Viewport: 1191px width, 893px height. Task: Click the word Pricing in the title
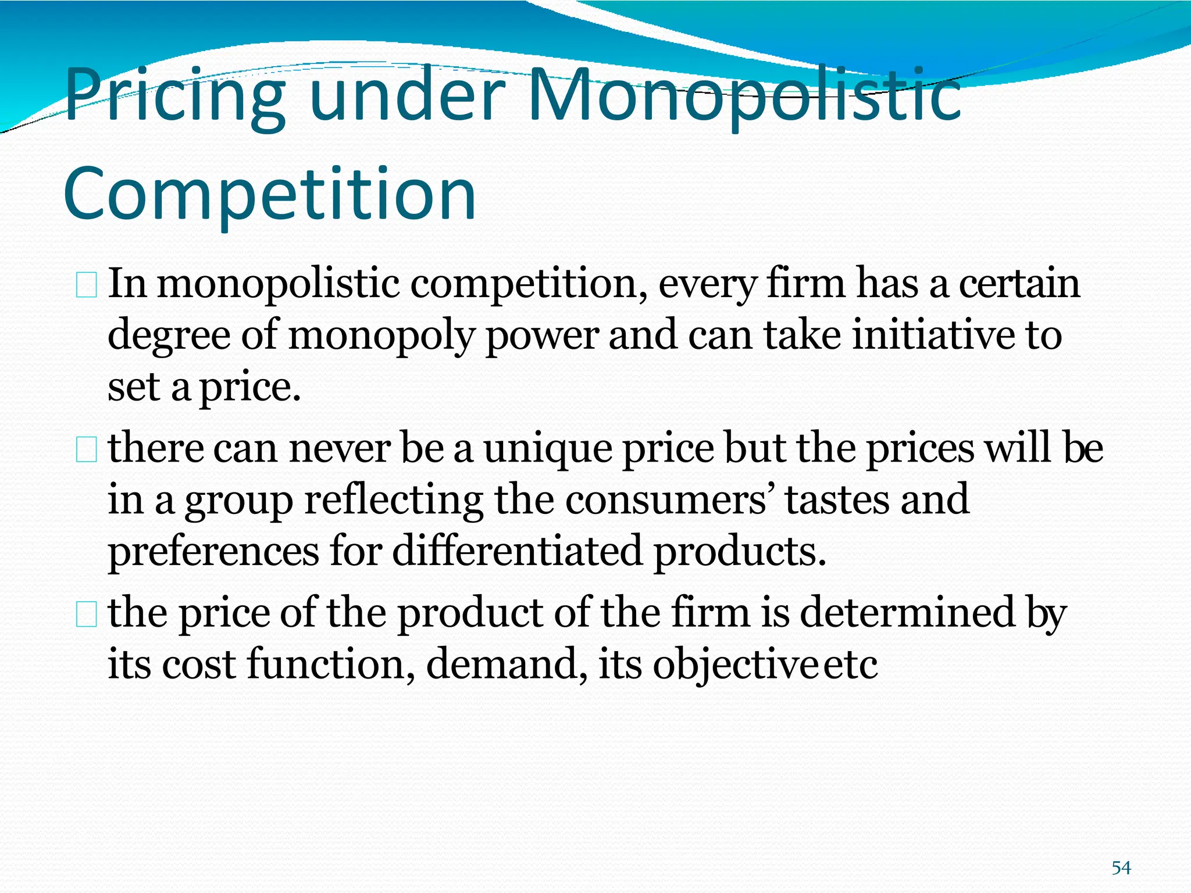174,96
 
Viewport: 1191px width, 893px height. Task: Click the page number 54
1121,868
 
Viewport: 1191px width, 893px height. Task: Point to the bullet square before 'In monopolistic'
86,287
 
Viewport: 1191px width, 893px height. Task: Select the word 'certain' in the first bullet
1019,284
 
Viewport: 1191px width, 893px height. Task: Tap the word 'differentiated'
517,551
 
